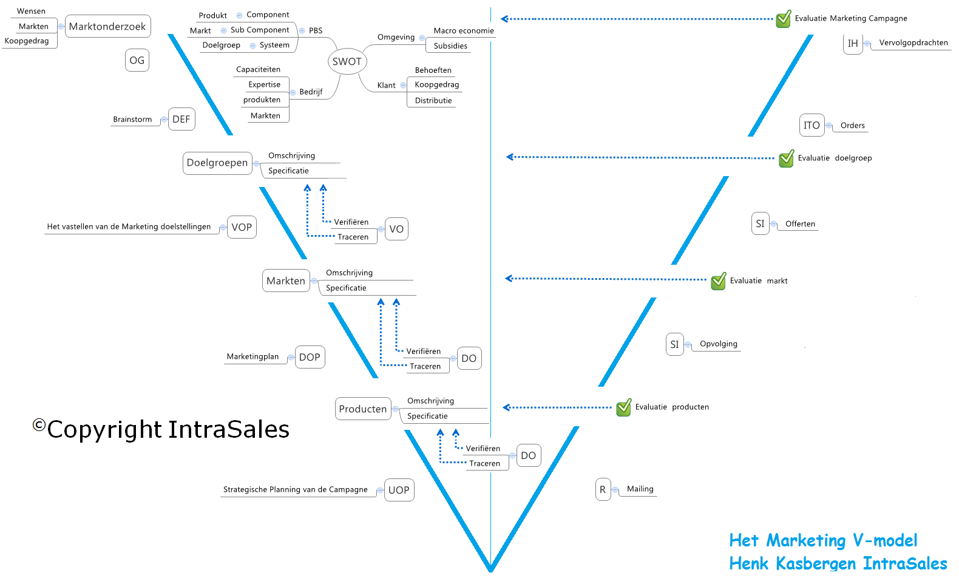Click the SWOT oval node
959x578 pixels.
point(347,61)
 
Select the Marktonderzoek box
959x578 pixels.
point(107,26)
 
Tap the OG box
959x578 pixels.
point(137,60)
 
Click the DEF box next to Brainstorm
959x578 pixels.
point(181,119)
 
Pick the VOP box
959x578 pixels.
point(242,227)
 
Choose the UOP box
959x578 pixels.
point(399,490)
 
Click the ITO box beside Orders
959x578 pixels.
point(812,125)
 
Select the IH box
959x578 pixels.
point(853,43)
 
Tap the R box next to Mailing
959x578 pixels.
point(603,489)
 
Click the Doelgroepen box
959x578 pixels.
point(217,163)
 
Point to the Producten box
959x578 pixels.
point(363,409)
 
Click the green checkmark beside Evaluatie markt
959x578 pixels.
point(719,281)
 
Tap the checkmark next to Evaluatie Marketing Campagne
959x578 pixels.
point(784,19)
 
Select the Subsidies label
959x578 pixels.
point(450,46)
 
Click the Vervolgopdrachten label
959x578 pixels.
point(913,42)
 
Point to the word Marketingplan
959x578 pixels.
point(252,356)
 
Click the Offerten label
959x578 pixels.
point(800,223)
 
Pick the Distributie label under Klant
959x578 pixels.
point(433,100)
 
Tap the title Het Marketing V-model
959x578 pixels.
point(823,540)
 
